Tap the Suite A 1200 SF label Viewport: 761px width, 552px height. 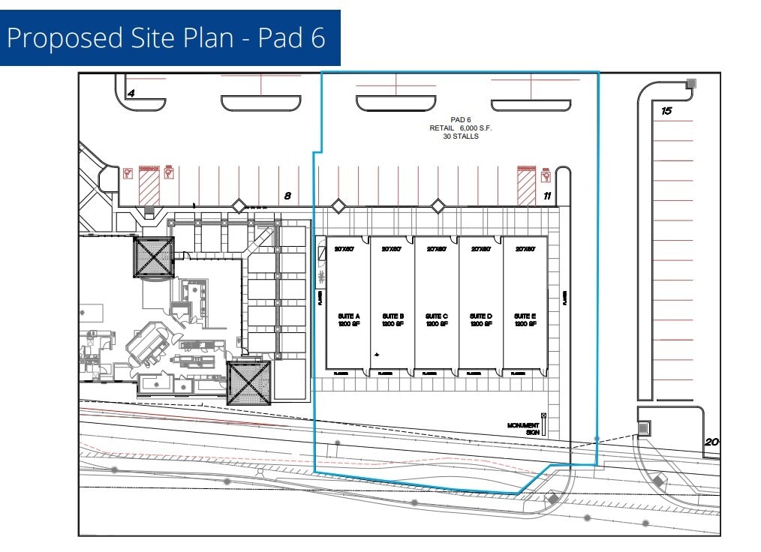click(348, 320)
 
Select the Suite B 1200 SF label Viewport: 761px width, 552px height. click(393, 320)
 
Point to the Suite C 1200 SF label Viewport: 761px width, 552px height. click(437, 320)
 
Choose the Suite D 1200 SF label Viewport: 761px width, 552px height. click(481, 320)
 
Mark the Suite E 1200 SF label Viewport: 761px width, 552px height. click(525, 320)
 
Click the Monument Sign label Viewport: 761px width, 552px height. click(524, 428)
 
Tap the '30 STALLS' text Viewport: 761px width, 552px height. click(460, 136)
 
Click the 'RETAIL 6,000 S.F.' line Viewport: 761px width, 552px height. click(460, 128)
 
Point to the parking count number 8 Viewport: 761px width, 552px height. click(287, 196)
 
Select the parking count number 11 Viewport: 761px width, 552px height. click(548, 196)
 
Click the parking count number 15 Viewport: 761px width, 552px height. click(666, 111)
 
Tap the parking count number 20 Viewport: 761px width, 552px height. click(711, 442)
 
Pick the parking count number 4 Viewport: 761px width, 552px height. click(131, 94)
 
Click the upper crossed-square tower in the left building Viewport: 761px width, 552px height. click(154, 256)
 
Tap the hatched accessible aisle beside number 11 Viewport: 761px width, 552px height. click(527, 185)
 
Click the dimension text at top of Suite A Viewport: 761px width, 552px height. click(344, 248)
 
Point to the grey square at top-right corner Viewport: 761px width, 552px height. click(691, 83)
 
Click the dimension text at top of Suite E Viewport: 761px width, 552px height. click(525, 248)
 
